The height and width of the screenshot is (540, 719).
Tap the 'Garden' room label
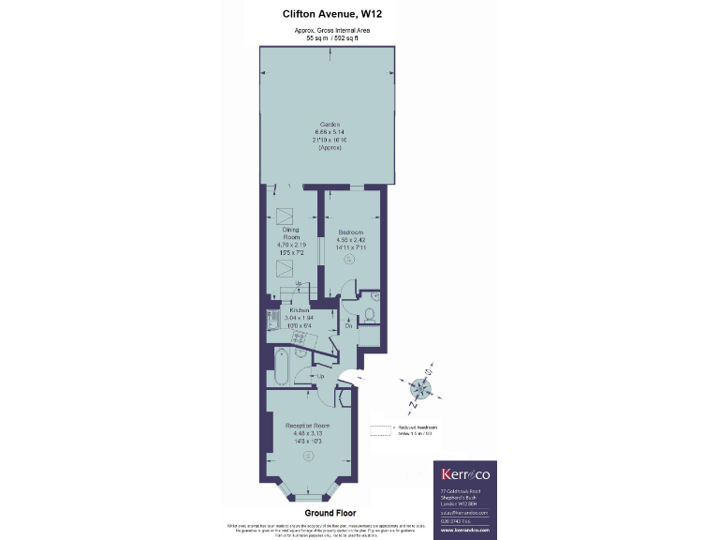coord(330,125)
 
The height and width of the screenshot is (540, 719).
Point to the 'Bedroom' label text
coord(350,232)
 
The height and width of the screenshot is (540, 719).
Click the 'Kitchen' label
coord(299,309)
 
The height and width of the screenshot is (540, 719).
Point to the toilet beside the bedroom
coord(369,314)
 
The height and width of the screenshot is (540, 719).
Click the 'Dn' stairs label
coord(346,326)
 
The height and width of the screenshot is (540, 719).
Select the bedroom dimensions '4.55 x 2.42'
coord(350,241)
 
